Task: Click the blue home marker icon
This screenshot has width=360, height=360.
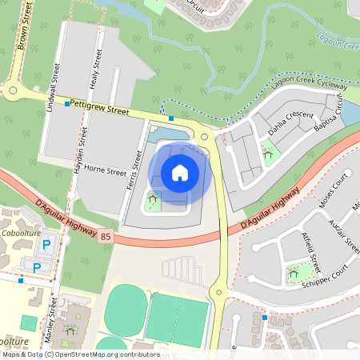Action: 180,172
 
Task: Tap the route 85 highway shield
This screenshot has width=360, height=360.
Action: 105,237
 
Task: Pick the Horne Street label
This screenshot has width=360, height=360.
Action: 106,170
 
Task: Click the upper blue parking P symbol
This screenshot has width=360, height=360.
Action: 46,244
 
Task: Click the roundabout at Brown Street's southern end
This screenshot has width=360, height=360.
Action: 12,91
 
